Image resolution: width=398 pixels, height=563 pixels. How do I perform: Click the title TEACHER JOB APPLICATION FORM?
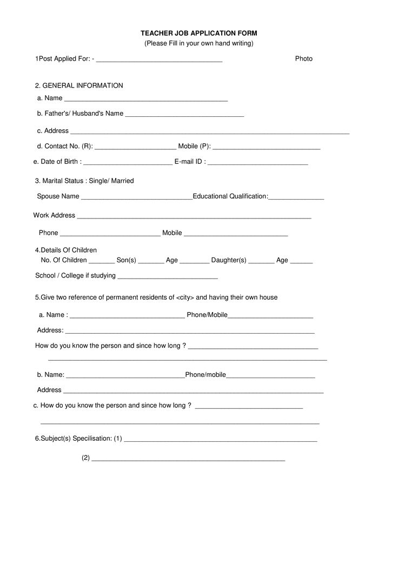click(199, 33)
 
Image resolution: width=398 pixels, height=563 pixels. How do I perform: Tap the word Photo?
click(304, 58)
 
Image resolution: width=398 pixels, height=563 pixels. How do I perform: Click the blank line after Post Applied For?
click(159, 59)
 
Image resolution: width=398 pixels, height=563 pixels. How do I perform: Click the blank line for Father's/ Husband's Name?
click(184, 115)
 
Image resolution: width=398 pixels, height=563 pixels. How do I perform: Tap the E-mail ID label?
click(190, 161)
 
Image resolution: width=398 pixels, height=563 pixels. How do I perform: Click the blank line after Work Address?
click(194, 217)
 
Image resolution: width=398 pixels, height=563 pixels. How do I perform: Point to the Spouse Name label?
click(58, 196)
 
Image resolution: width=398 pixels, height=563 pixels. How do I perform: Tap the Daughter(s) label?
click(229, 260)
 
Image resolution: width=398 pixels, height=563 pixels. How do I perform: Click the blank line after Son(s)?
click(151, 262)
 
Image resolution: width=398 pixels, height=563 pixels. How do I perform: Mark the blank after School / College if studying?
click(167, 277)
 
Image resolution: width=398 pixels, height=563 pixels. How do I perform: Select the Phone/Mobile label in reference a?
click(207, 315)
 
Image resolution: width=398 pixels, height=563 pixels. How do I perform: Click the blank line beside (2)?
click(188, 459)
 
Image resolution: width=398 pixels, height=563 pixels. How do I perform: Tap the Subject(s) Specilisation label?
click(74, 438)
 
